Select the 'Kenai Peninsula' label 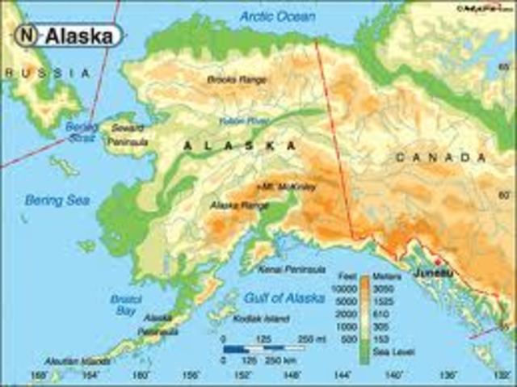click(292, 269)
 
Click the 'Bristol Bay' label click(125, 305)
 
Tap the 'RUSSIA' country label click(45, 74)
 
